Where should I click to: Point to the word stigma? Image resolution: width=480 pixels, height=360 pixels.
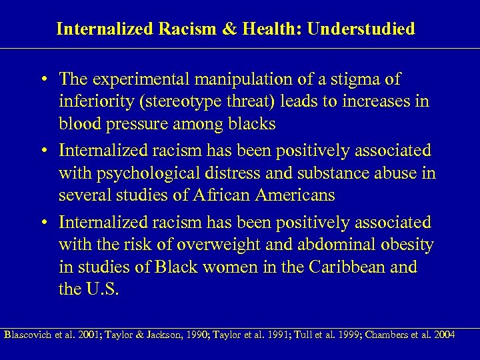tap(356, 79)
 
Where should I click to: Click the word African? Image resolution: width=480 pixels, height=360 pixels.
tap(225, 196)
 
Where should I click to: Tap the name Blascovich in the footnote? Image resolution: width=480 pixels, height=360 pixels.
tap(29, 334)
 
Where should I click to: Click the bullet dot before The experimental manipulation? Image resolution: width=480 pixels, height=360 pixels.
tap(43, 80)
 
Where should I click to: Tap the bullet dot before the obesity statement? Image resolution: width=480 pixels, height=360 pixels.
tap(43, 223)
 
